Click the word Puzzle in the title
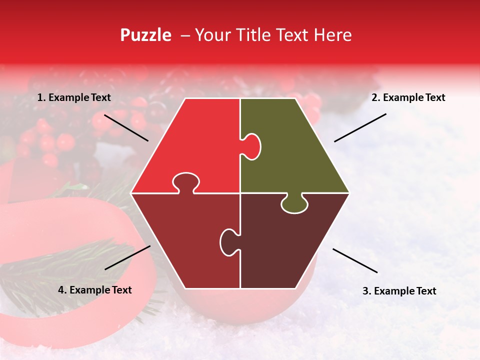[145, 35]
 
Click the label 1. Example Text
[74, 98]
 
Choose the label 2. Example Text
[408, 98]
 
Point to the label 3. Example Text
[399, 291]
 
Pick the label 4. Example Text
[95, 290]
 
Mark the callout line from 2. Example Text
[360, 127]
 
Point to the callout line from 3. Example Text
[355, 260]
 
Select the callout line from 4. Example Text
[127, 257]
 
